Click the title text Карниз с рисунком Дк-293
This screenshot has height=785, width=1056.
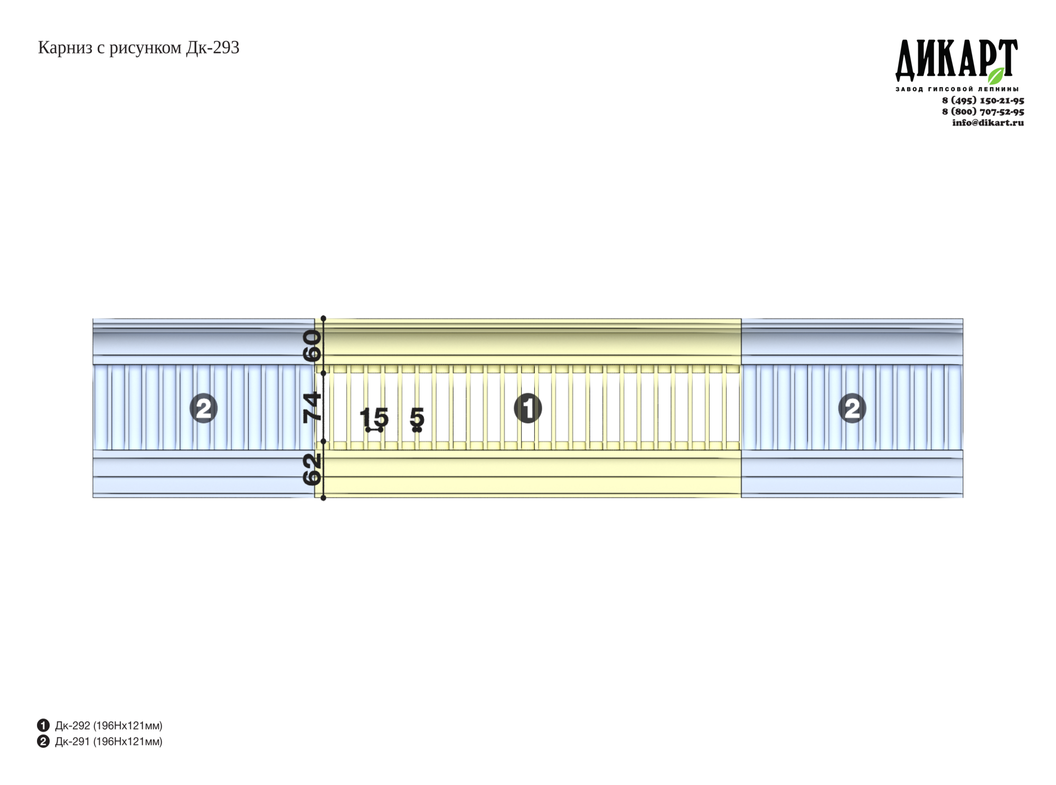(x=138, y=48)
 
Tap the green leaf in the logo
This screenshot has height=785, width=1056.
(x=996, y=76)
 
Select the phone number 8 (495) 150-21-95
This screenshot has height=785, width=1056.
(x=983, y=100)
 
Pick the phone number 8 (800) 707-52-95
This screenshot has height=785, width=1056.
(x=983, y=111)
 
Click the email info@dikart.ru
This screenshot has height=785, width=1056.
(x=988, y=123)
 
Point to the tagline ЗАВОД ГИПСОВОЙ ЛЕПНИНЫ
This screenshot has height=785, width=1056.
(x=957, y=89)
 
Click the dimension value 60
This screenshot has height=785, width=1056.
(x=312, y=345)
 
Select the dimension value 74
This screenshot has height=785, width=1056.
(x=312, y=407)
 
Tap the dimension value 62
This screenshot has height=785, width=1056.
(x=312, y=470)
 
